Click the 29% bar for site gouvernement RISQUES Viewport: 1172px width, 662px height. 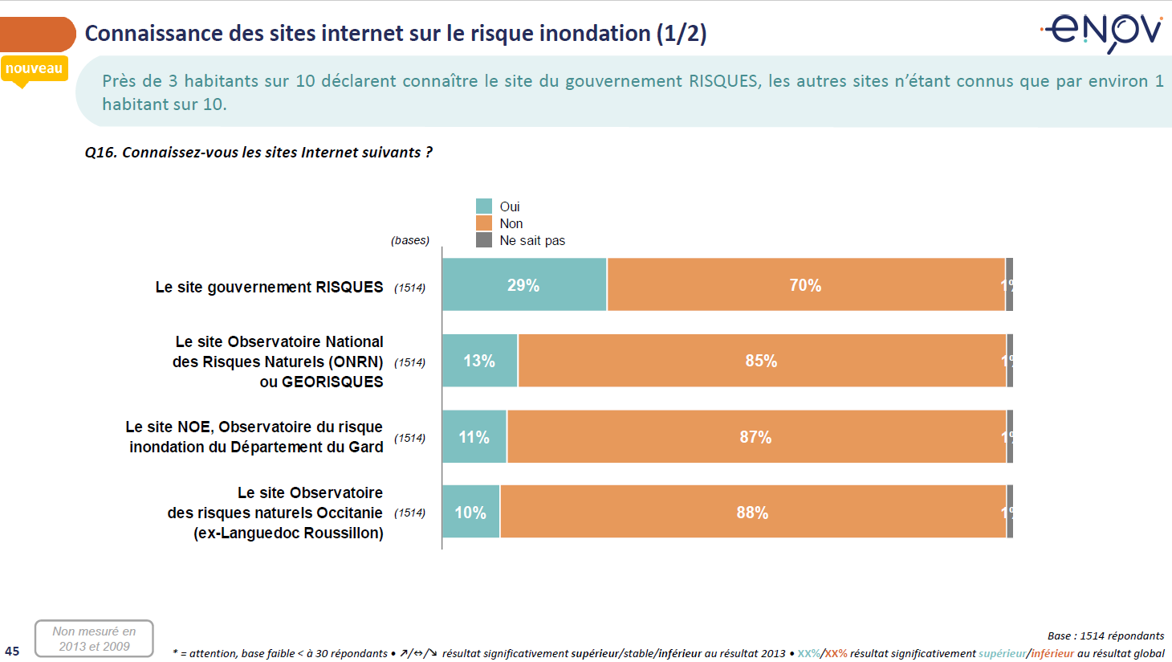[524, 284]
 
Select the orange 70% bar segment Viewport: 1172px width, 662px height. [806, 284]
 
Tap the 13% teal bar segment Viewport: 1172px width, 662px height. [479, 361]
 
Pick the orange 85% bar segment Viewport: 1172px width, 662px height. [762, 361]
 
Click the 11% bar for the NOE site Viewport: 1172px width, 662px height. [474, 436]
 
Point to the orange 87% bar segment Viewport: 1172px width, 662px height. [756, 436]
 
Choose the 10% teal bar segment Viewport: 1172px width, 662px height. [470, 512]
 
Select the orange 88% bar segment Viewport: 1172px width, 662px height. [753, 512]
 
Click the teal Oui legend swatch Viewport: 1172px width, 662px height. [484, 206]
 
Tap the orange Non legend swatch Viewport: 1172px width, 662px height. [484, 223]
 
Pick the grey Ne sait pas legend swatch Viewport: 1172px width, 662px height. [484, 240]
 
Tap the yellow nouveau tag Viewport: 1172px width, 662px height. [34, 69]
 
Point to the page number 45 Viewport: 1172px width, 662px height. [12, 651]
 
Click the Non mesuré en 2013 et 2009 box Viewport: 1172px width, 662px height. [94, 639]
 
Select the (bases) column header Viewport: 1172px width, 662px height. [410, 240]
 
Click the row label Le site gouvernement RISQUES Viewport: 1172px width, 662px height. [269, 287]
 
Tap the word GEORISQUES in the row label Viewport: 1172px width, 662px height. [321, 382]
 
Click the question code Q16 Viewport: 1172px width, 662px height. [100, 153]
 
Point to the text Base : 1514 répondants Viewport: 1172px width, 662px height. [1105, 635]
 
